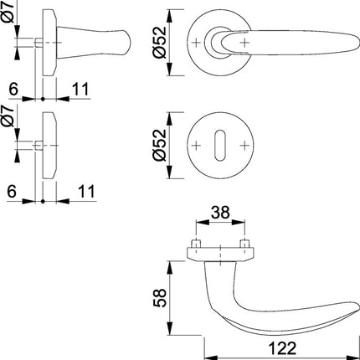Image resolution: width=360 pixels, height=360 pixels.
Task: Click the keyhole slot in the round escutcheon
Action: point(220,147)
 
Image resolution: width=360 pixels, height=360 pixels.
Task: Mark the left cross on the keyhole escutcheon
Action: point(197,147)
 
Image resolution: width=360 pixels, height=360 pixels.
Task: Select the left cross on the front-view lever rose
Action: point(197,42)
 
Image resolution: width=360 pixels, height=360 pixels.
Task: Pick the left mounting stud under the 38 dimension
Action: point(194,246)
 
